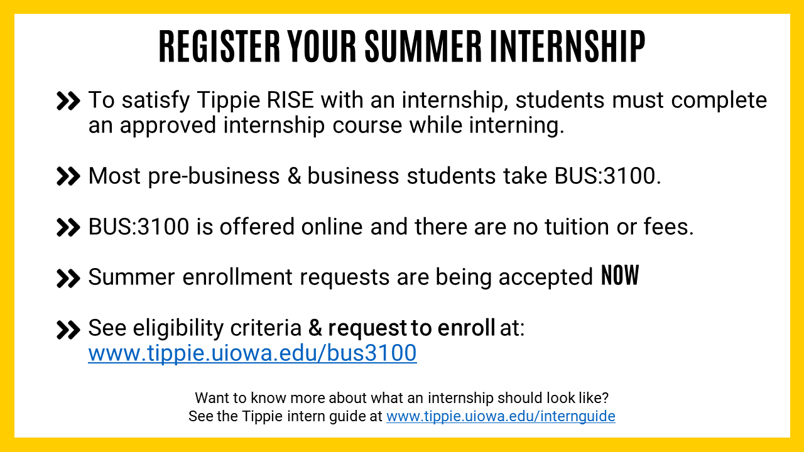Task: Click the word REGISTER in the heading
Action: click(x=219, y=46)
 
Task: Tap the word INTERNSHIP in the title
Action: click(x=567, y=46)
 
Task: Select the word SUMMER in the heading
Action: click(x=423, y=46)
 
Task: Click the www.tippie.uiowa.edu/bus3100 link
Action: click(x=253, y=353)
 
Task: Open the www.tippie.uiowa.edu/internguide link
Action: click(x=501, y=416)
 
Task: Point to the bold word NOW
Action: click(x=620, y=275)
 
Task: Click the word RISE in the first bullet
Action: click(x=290, y=100)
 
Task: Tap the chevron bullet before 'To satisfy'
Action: click(x=68, y=101)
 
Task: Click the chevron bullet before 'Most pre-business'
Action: click(x=68, y=176)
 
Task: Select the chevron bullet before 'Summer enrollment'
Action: click(x=68, y=279)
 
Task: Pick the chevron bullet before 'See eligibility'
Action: click(x=68, y=330)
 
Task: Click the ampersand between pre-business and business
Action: click(x=295, y=176)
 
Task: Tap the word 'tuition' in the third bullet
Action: click(x=577, y=227)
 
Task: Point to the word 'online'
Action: click(x=332, y=227)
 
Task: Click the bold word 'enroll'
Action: click(x=466, y=328)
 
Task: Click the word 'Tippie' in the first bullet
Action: click(x=228, y=101)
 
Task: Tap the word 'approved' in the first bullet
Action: click(x=168, y=126)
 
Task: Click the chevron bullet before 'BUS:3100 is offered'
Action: click(x=68, y=228)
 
